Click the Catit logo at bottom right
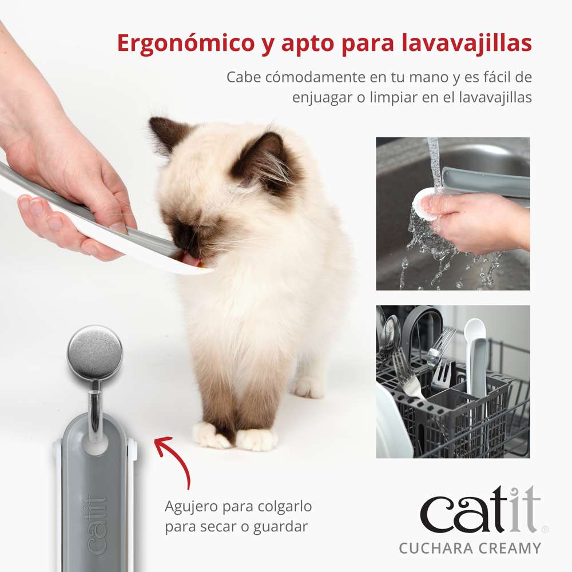click(480, 509)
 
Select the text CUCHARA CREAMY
click(470, 548)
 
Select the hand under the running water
click(475, 223)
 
